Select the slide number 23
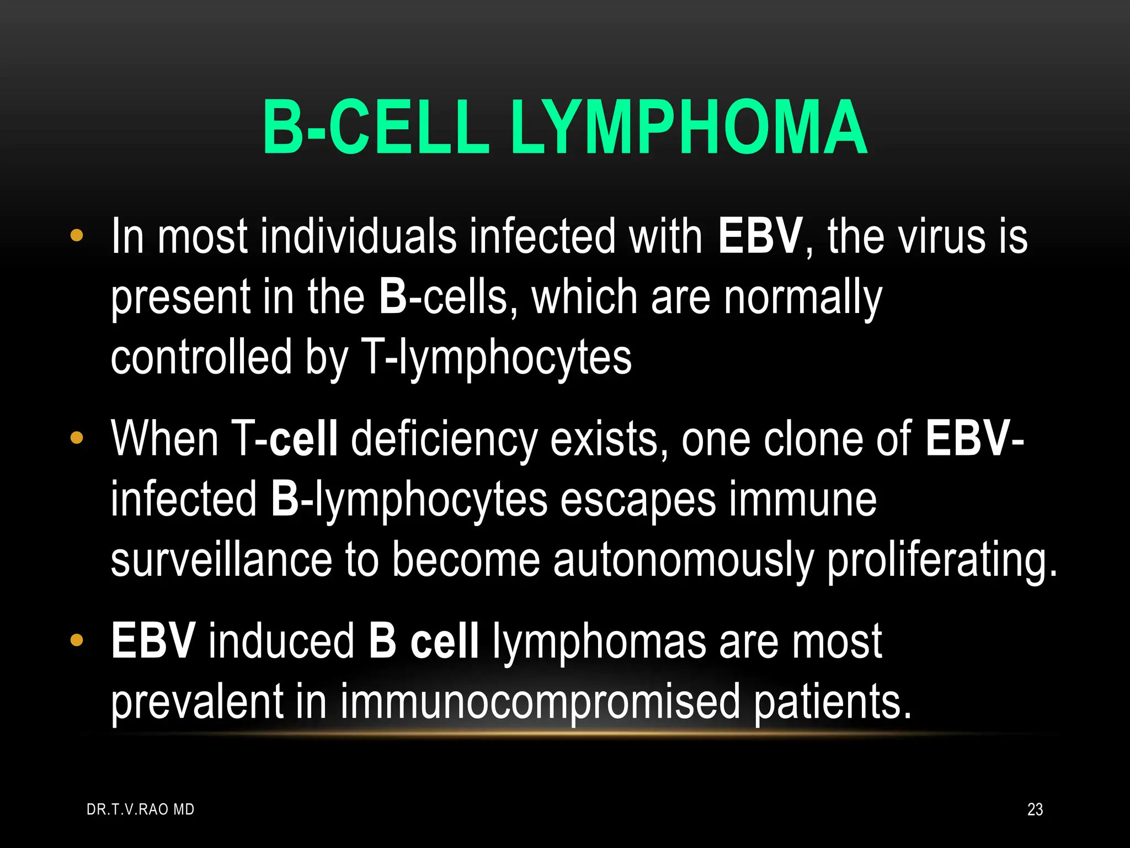pos(1035,809)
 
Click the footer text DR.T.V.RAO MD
pos(141,809)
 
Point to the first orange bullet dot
pos(77,236)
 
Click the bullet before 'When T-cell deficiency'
pos(77,438)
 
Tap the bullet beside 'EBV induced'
pos(77,640)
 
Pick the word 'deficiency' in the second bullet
pos(444,439)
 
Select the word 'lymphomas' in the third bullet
pos(599,642)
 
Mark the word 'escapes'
pos(638,500)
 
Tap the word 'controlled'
pos(201,358)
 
